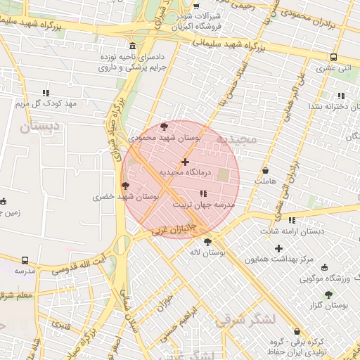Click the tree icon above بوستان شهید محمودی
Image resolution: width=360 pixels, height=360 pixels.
[165, 127]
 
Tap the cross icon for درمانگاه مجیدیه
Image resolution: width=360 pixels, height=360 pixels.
[185, 162]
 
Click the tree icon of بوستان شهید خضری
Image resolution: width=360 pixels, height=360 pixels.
[126, 186]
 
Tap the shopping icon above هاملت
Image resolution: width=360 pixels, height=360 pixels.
[265, 170]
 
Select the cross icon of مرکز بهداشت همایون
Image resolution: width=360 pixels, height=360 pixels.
[279, 248]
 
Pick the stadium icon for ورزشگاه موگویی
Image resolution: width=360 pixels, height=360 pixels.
[324, 266]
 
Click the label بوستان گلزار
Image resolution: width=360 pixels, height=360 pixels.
[330, 305]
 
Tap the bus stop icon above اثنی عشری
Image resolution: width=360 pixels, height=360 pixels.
[333, 58]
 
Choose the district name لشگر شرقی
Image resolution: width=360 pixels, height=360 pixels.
[246, 321]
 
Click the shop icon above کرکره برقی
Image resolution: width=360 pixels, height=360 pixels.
[295, 331]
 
